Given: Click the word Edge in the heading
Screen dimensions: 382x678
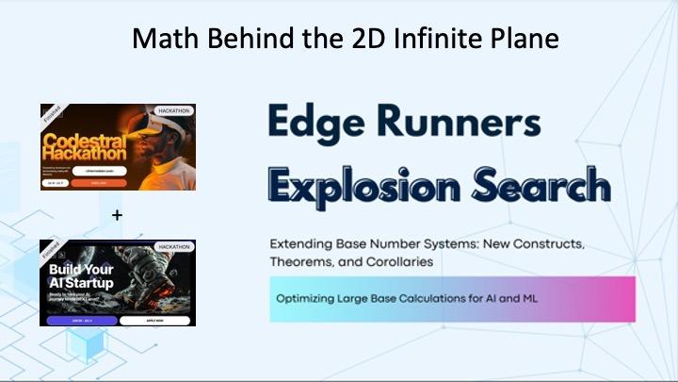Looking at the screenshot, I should click(x=319, y=123).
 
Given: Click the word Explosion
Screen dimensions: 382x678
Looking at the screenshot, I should click(x=368, y=182).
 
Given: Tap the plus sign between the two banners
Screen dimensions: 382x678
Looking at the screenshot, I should click(x=117, y=215).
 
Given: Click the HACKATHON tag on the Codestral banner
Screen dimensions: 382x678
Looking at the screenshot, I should click(x=175, y=111).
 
